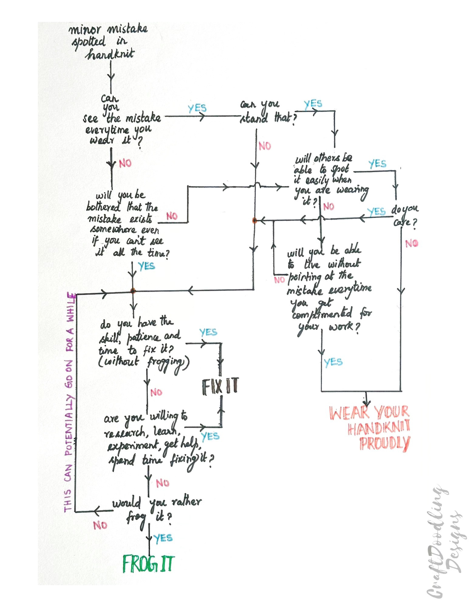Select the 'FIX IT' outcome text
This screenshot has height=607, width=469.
click(x=220, y=386)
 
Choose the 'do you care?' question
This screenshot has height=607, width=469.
click(x=405, y=215)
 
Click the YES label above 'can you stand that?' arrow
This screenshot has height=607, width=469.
click(x=313, y=104)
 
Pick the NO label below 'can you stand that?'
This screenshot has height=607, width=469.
click(x=265, y=146)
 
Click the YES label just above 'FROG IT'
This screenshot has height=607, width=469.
click(x=163, y=538)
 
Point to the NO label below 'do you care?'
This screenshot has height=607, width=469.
click(x=411, y=243)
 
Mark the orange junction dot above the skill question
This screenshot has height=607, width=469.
click(x=132, y=290)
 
